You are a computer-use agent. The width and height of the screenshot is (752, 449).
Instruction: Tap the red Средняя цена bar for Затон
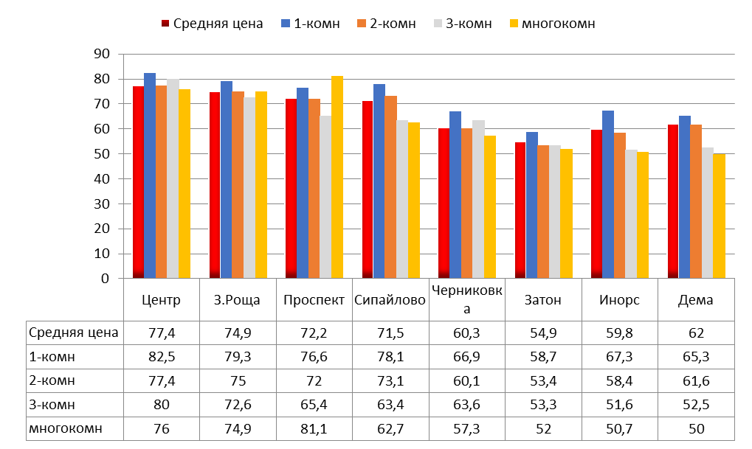click(520, 210)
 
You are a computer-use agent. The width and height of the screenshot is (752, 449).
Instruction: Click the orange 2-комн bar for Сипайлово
click(391, 187)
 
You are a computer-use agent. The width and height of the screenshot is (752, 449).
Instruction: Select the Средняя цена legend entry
click(210, 24)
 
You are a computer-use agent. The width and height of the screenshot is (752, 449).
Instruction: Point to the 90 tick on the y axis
click(102, 54)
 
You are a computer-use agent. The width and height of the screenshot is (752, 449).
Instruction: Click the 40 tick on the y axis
click(102, 178)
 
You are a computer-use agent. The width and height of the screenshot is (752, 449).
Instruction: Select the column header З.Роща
click(238, 300)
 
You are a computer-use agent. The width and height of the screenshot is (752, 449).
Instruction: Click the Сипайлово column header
click(390, 300)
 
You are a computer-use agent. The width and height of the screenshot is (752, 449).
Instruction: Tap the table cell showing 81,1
click(314, 428)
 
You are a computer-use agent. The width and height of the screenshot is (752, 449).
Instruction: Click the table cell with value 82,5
click(162, 357)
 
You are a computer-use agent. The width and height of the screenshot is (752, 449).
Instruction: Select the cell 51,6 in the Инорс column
click(620, 405)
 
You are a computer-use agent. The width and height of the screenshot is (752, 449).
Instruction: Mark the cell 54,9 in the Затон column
click(543, 333)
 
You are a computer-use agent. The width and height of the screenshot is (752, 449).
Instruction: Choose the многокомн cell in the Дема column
click(696, 428)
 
